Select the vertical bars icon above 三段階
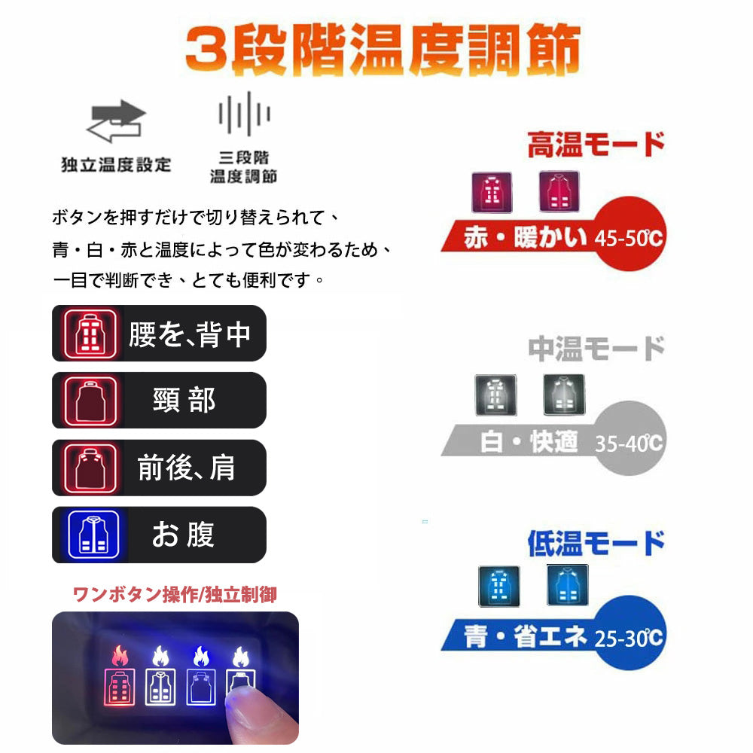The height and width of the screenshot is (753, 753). pyautogui.click(x=244, y=114)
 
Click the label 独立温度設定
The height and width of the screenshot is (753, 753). pyautogui.click(x=116, y=164)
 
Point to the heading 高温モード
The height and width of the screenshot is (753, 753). pyautogui.click(x=596, y=145)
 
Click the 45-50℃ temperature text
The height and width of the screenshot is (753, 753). pyautogui.click(x=628, y=239)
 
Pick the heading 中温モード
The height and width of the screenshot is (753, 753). pyautogui.click(x=596, y=349)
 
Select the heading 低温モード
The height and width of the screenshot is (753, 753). pyautogui.click(x=596, y=543)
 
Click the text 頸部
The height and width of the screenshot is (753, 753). pyautogui.click(x=184, y=401)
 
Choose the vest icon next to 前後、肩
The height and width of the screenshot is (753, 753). pyautogui.click(x=90, y=468)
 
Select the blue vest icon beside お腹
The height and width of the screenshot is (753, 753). pyautogui.click(x=90, y=535)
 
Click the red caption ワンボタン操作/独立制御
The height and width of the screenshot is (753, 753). pyautogui.click(x=175, y=595)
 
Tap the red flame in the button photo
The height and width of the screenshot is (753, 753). pyautogui.click(x=120, y=656)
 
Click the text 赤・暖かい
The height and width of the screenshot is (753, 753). pyautogui.click(x=525, y=238)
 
